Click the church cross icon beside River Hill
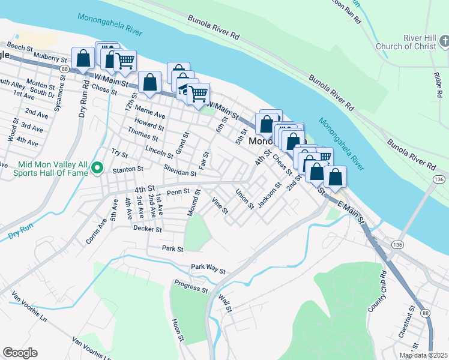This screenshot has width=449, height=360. pos(444,41)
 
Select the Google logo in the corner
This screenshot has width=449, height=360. pos(20,353)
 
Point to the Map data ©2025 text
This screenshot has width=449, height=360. pos(423,355)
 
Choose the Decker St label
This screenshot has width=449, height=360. pos(148,229)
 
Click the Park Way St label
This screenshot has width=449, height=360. pos(208,268)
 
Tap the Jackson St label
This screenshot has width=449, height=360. pos(269,196)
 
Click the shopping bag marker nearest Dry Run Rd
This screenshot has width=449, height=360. pos(83,59)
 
